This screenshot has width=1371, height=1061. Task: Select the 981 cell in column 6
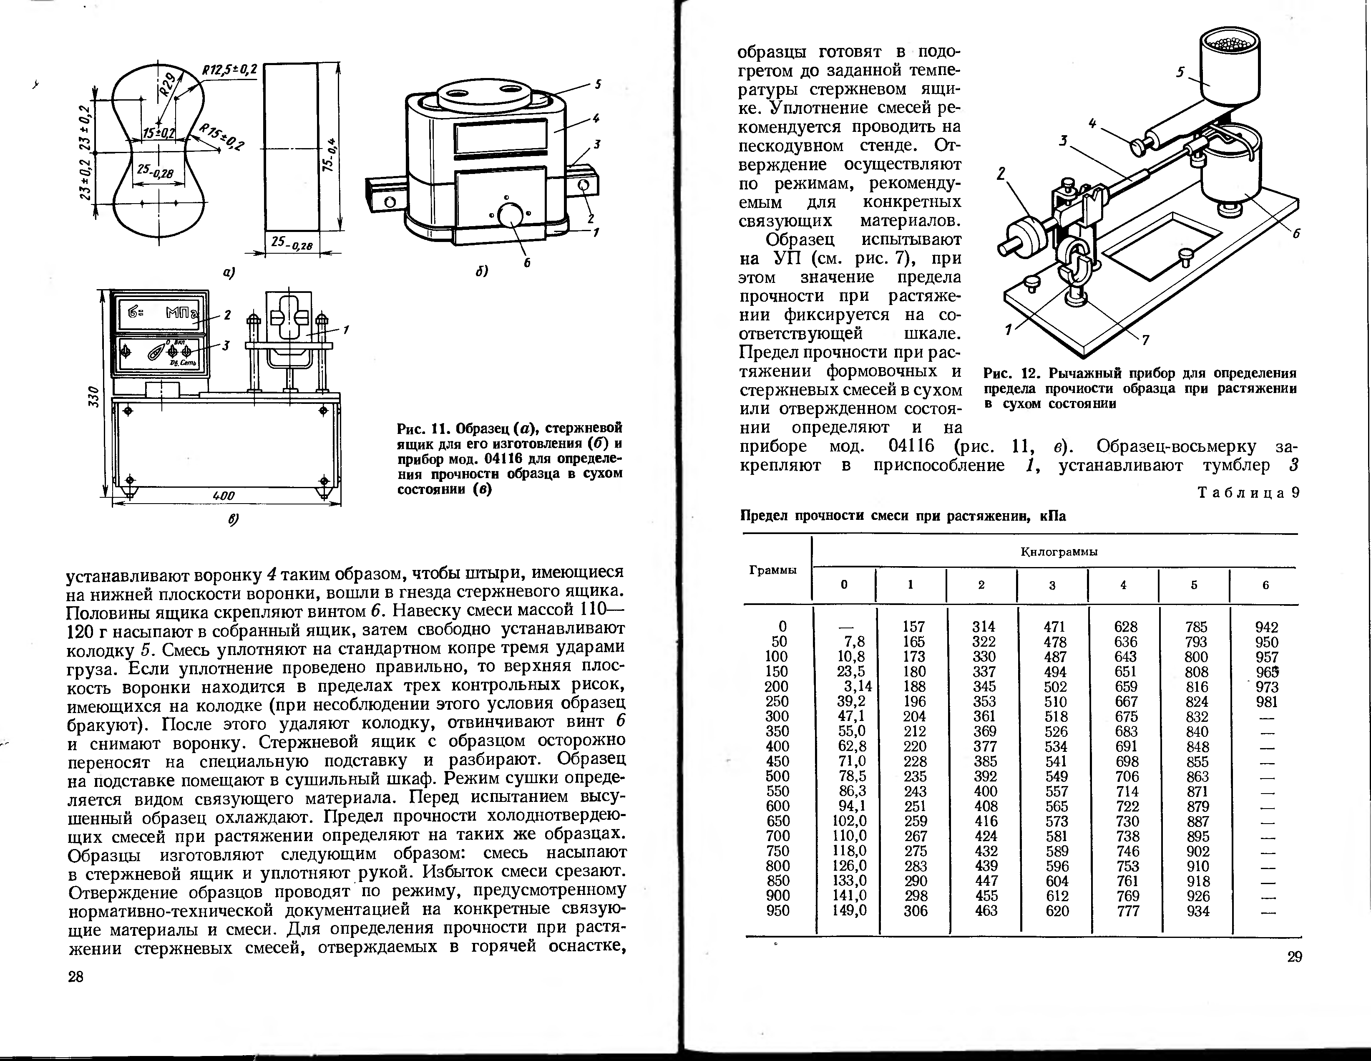[x=1267, y=702]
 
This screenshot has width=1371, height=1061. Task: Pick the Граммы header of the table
[x=773, y=570]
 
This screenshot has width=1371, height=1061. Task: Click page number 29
[x=1294, y=957]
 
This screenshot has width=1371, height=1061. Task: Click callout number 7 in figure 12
[x=1146, y=340]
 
